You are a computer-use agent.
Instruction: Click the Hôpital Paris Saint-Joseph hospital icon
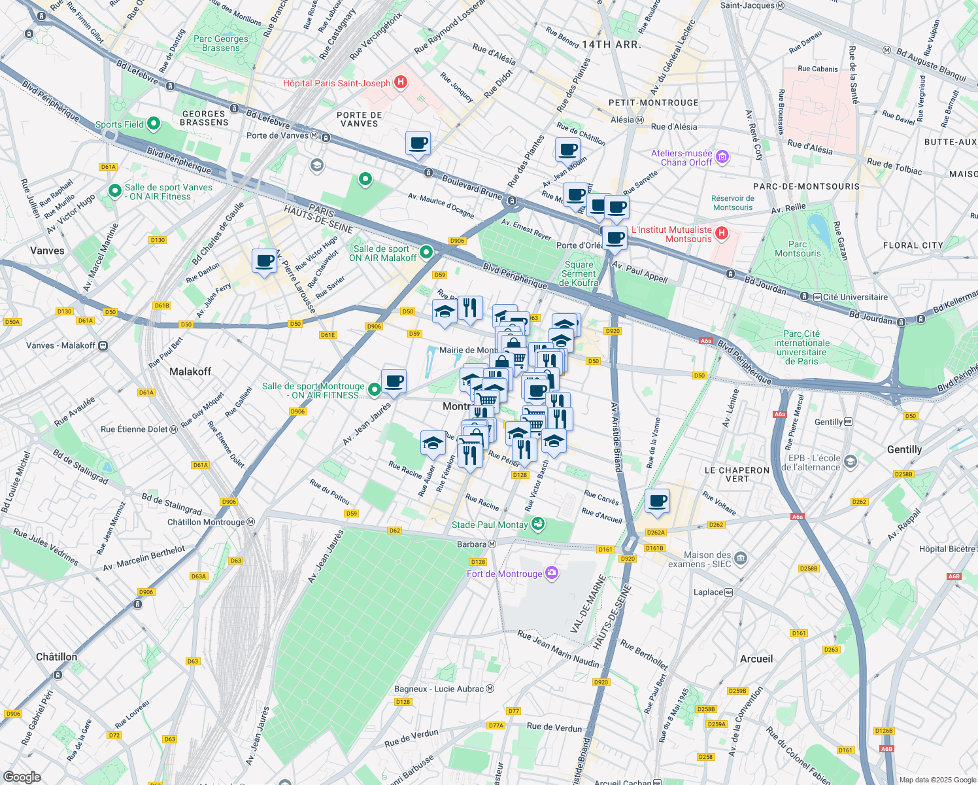(x=401, y=83)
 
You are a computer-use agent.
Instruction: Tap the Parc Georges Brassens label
(x=221, y=43)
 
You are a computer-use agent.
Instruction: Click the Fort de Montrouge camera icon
(x=552, y=574)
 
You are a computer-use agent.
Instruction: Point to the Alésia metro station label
(x=622, y=120)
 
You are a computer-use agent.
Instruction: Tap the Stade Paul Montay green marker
(x=537, y=524)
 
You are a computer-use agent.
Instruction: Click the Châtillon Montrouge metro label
(x=206, y=522)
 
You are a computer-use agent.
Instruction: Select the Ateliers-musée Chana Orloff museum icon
(x=722, y=157)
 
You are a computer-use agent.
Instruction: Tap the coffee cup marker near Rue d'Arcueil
(x=657, y=502)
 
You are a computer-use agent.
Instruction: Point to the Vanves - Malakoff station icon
(x=103, y=345)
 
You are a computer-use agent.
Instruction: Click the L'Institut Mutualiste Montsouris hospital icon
(x=721, y=234)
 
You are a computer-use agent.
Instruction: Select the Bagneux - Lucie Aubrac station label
(x=439, y=689)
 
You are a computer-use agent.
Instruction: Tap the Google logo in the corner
(x=22, y=777)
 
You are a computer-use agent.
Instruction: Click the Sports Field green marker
(x=154, y=124)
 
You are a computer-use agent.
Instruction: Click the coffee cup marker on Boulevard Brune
(x=418, y=143)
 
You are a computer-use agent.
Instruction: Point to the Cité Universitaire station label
(x=854, y=297)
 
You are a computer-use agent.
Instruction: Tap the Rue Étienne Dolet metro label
(x=135, y=429)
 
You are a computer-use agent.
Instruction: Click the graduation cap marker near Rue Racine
(x=433, y=444)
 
